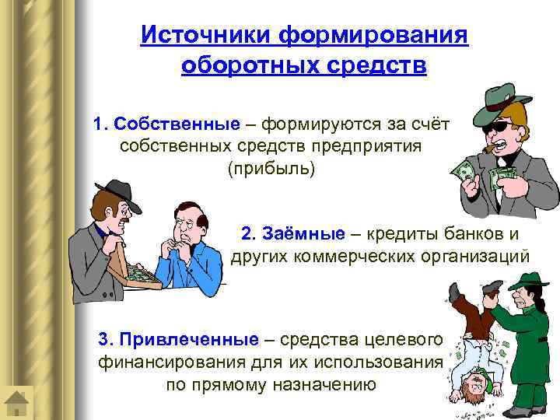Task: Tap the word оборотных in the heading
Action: pos(236,65)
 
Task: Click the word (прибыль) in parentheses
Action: pos(271,169)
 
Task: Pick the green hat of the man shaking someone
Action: pos(530,282)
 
